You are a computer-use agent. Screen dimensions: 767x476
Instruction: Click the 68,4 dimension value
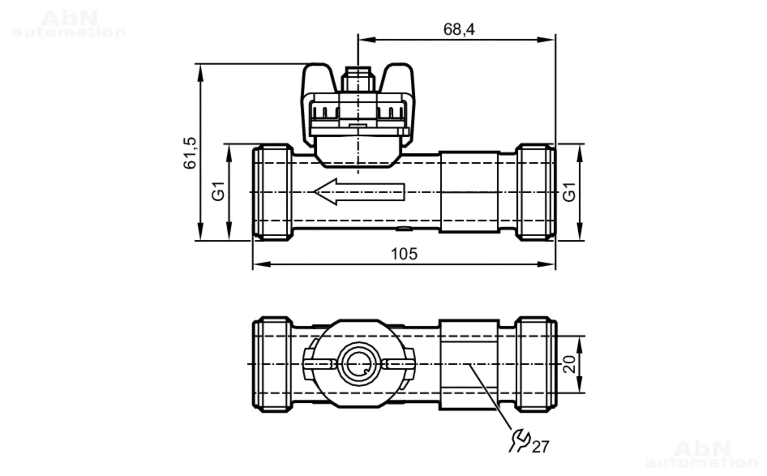[459, 30]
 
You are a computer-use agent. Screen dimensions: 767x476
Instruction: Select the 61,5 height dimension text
[190, 153]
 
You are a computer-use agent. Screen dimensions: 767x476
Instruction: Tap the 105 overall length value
[404, 254]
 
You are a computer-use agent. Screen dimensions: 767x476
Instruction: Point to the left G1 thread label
[218, 191]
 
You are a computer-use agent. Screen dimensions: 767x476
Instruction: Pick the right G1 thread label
[569, 191]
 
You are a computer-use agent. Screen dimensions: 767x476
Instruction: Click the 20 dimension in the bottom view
[570, 364]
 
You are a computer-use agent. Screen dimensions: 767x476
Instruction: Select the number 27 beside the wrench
[540, 447]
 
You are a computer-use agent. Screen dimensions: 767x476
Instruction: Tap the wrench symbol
[519, 440]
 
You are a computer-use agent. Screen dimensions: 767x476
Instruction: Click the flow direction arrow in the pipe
[359, 192]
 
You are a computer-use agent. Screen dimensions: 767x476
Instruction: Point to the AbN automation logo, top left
[69, 24]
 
